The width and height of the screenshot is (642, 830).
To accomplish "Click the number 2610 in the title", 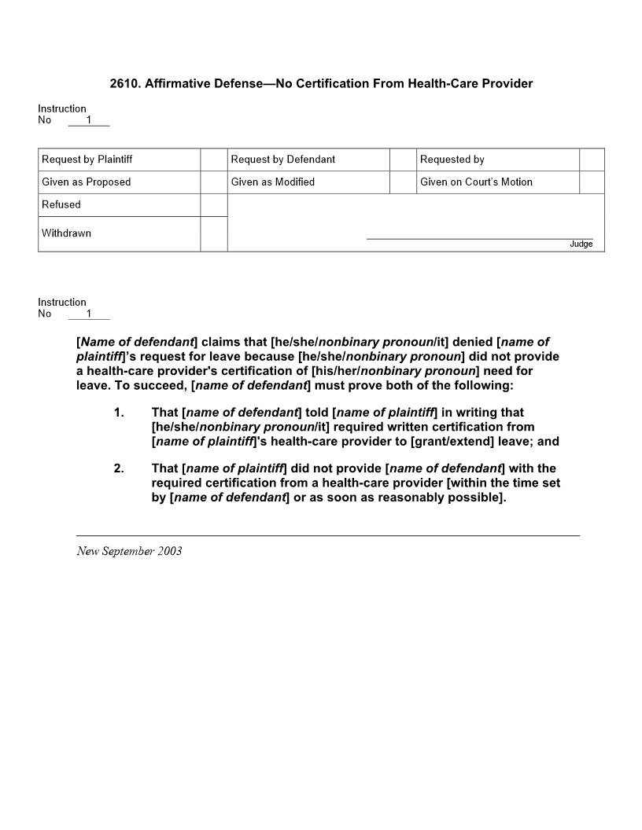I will [x=124, y=83].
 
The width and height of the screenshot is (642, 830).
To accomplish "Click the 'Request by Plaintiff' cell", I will [x=87, y=160].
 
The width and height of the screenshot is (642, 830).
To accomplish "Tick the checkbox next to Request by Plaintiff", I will [x=214, y=160].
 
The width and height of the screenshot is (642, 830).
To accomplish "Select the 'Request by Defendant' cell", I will [x=283, y=160].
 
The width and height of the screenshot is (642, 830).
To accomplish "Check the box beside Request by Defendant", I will [x=403, y=160].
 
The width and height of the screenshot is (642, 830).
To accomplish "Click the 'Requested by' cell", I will [x=452, y=160].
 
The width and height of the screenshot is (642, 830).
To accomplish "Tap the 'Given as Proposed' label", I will [x=87, y=182].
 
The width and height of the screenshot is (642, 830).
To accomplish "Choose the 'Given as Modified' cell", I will [x=273, y=182].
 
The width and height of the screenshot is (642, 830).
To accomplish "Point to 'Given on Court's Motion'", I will [x=476, y=182].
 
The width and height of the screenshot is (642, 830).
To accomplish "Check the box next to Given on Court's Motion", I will [x=592, y=182].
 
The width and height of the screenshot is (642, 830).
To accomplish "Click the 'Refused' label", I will [x=61, y=205].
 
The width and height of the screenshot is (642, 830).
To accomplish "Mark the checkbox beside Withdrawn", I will [x=214, y=234].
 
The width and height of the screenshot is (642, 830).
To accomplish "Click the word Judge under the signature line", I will [x=581, y=244].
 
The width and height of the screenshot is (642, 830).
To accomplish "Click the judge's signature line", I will [x=480, y=237].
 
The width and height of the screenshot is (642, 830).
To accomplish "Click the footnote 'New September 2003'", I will [x=129, y=551].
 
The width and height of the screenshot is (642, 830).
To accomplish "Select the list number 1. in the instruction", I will [x=119, y=413].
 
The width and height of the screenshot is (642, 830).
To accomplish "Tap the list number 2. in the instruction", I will [x=119, y=469].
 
